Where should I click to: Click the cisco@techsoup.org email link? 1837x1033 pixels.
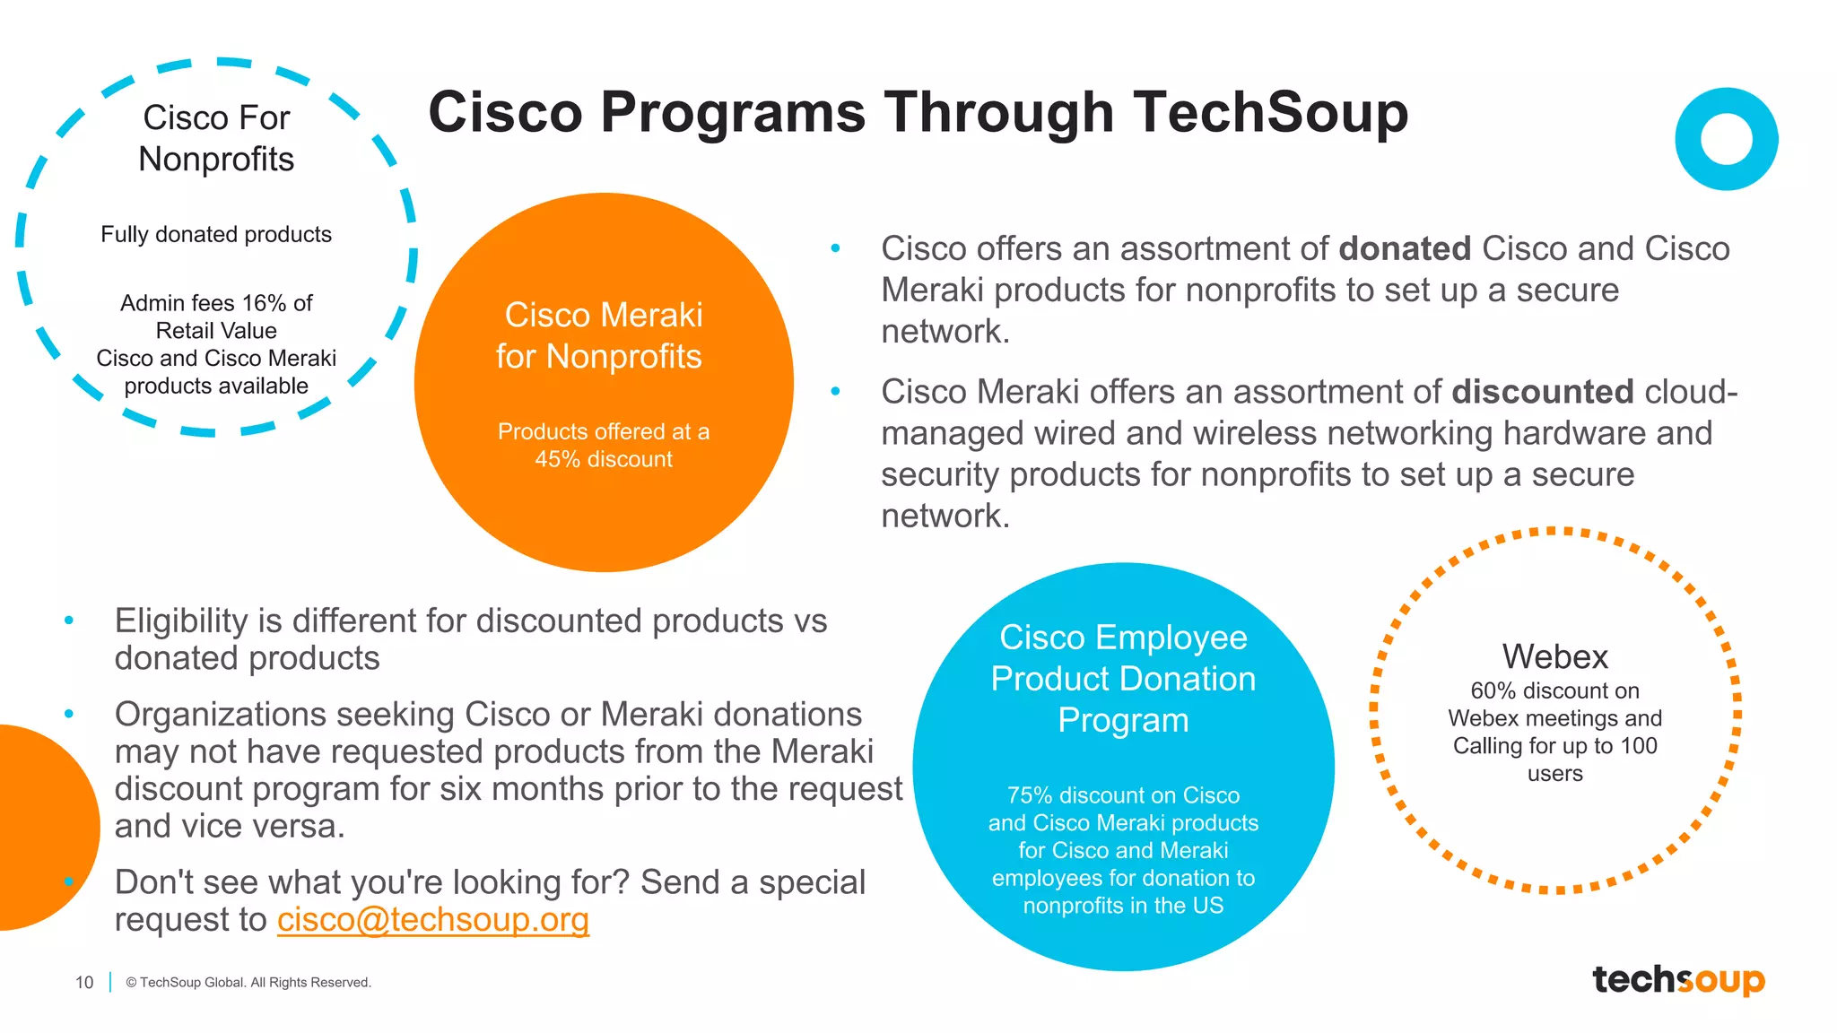432,920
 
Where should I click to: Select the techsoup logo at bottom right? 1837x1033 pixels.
1677,979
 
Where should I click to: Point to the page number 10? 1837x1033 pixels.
84,983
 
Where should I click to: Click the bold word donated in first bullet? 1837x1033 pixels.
1404,249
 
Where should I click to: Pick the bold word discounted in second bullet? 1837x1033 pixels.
1542,392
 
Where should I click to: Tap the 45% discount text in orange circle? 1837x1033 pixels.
603,459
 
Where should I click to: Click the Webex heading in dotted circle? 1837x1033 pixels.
1554,657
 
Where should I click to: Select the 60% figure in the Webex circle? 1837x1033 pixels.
1493,691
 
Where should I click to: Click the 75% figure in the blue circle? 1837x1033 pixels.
1029,795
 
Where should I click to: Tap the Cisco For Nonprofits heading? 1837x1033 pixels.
216,138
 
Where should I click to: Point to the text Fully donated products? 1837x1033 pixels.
216,235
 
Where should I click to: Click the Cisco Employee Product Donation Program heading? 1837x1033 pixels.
1122,679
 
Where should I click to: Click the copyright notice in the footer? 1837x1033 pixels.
248,983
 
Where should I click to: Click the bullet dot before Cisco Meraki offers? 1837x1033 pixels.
835,392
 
